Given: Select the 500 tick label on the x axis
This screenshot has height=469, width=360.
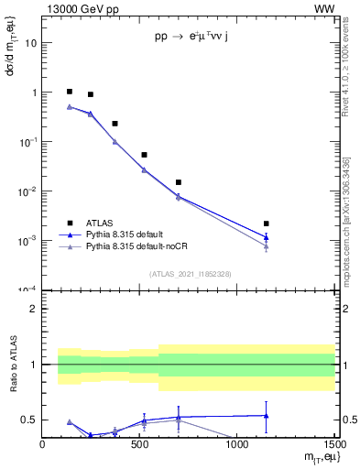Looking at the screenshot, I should point(139,444).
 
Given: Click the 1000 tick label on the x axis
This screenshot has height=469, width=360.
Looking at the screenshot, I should point(236,444).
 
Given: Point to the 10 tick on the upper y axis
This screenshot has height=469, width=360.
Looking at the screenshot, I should point(31,43).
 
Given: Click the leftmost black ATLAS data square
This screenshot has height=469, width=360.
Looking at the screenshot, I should point(70,92).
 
